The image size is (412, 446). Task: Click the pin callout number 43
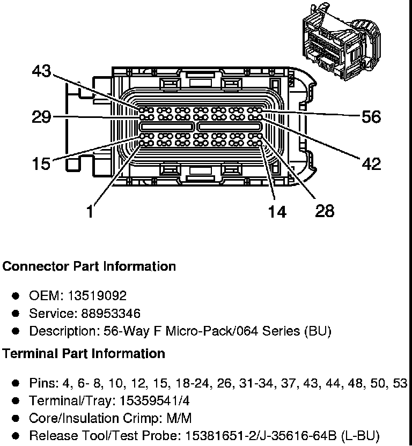click(x=41, y=71)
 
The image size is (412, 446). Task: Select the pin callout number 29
click(x=41, y=117)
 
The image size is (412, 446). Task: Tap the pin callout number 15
click(x=41, y=164)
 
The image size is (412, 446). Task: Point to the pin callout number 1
click(x=90, y=212)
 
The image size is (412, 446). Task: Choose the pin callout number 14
click(x=277, y=212)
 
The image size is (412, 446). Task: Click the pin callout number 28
click(x=325, y=211)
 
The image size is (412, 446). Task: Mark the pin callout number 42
click(x=371, y=164)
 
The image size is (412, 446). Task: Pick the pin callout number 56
click(x=371, y=117)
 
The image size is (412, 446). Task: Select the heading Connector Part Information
click(x=89, y=266)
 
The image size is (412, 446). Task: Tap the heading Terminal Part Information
click(x=84, y=354)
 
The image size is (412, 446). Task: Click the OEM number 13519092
click(x=97, y=296)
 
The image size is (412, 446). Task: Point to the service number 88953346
click(x=111, y=314)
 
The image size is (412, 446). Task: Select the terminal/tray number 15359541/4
click(x=154, y=401)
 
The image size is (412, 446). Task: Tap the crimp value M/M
click(x=179, y=419)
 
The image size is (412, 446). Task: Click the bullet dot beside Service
click(x=16, y=314)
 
